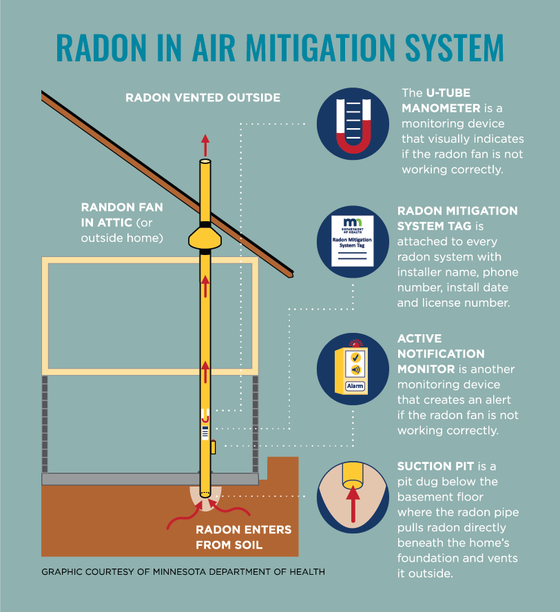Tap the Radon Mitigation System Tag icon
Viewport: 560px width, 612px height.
tap(353, 242)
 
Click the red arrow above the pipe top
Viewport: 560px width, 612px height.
tap(205, 144)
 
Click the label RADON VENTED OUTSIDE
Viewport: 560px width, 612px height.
tap(203, 98)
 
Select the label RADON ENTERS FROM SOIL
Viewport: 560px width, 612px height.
tap(243, 538)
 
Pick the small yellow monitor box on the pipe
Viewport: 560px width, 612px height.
tap(213, 447)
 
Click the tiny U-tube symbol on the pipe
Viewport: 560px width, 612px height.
tap(205, 416)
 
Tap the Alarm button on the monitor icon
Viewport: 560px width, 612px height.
tap(355, 386)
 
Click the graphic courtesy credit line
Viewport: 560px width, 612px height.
tap(183, 572)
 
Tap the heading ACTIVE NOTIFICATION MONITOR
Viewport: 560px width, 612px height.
tap(441, 354)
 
